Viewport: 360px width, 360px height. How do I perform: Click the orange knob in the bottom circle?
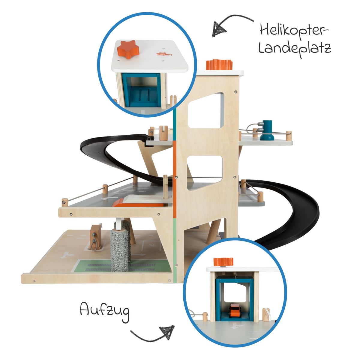coord(223,262)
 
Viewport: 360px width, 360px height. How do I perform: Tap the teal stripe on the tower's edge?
coord(174,123)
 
